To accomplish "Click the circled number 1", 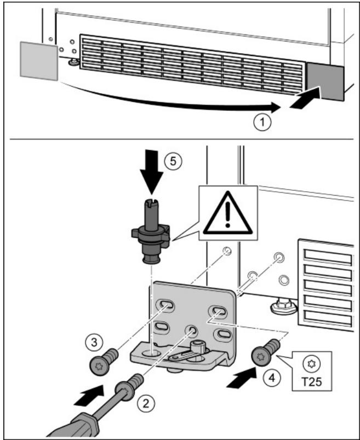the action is point(262,123).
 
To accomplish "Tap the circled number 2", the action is point(146,404).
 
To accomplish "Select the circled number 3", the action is point(95,342).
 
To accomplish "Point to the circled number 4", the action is point(272,378).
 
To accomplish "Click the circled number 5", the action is point(173,161).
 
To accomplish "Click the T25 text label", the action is point(312,381).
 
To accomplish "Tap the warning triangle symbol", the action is point(228,213).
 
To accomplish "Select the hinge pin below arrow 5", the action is point(151,231).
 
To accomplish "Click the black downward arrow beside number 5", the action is point(152,172).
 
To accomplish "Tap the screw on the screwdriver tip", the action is point(130,387).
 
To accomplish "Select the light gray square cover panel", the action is point(39,61).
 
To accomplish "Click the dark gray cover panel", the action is point(325,82).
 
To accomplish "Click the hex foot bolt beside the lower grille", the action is point(283,306).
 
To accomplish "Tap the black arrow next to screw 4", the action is point(241,378).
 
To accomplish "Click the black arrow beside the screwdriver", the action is point(88,396).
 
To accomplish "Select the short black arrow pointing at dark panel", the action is point(305,98).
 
